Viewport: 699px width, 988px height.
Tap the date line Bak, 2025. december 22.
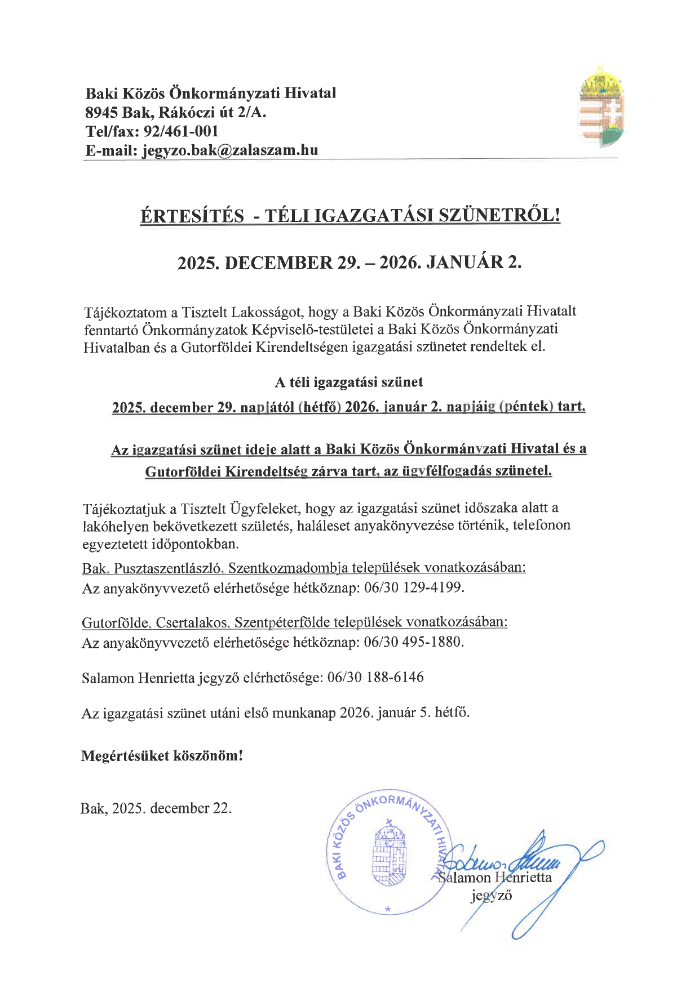pos(156,808)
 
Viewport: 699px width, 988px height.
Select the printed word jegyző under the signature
pos(491,896)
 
